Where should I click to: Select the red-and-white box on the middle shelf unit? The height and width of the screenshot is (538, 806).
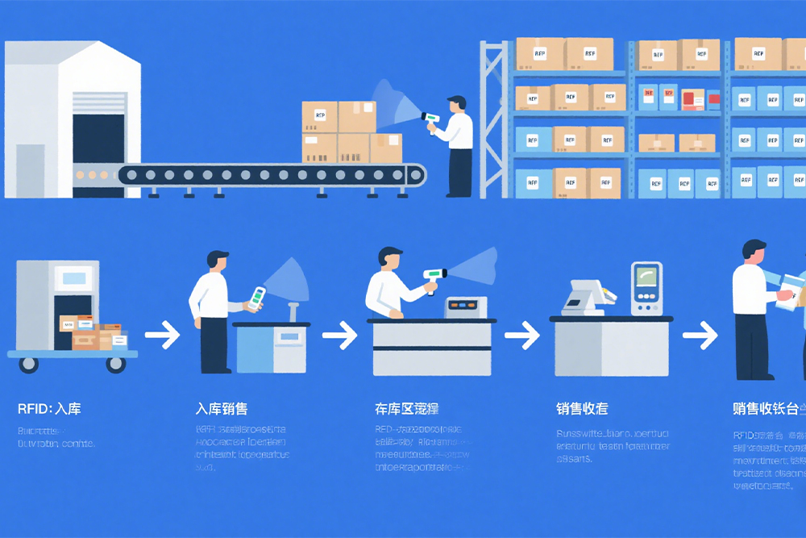coord(692,99)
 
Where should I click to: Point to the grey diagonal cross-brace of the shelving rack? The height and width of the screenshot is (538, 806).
coord(494,121)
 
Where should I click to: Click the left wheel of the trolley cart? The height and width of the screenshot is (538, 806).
coord(29,364)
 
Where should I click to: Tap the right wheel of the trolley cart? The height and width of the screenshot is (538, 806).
coord(116,364)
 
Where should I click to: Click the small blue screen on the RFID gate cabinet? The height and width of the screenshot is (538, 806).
coord(73,278)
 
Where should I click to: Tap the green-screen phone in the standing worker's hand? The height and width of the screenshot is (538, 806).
coord(256,298)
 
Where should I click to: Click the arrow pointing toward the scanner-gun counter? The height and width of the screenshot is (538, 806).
coord(339,335)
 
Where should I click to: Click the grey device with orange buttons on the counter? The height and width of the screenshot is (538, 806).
coord(466,307)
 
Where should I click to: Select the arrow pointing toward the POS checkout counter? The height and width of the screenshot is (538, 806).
coord(521,335)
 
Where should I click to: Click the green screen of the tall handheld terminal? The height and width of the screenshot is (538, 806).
coord(646,279)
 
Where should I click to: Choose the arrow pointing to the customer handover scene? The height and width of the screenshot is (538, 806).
coord(699,335)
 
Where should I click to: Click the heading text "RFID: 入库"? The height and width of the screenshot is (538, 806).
coord(49,409)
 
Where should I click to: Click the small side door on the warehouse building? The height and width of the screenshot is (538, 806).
coord(31,170)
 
